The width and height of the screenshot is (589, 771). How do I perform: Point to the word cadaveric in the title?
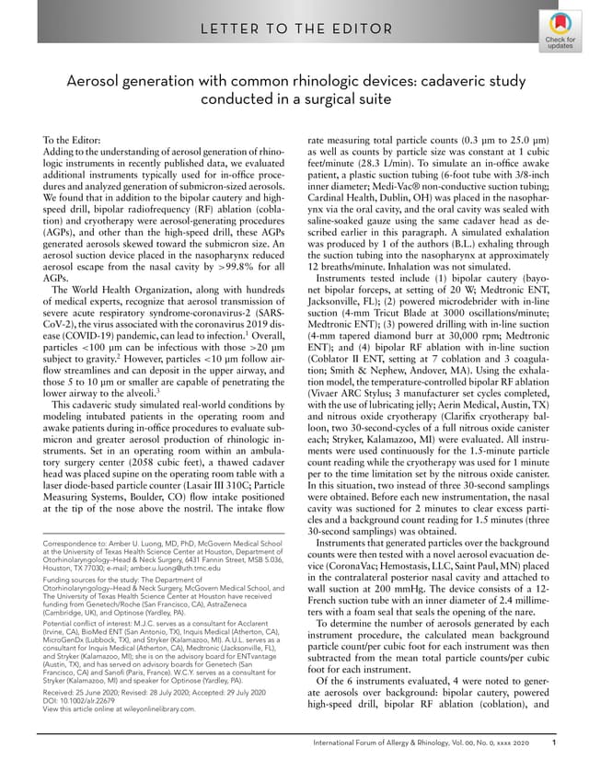coord(454,81)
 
